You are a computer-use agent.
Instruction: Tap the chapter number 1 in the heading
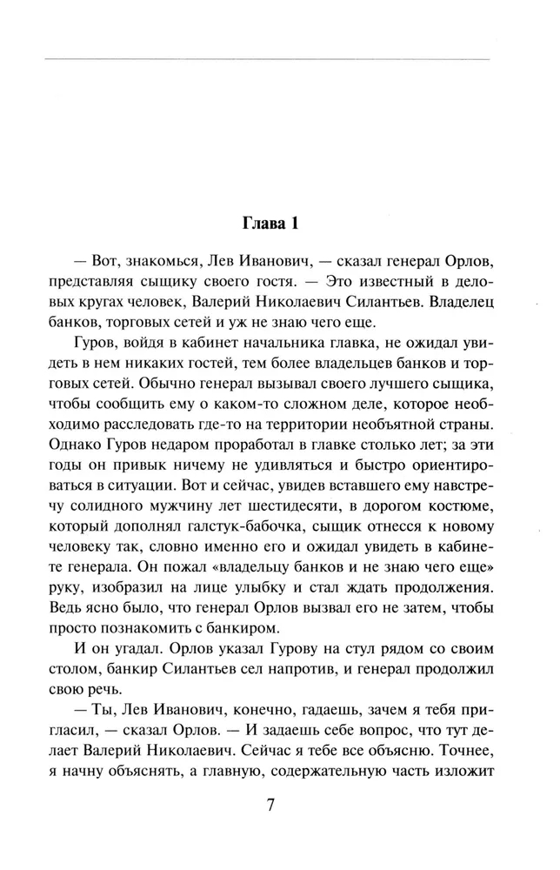(296, 224)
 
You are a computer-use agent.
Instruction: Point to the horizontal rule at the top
(265, 59)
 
